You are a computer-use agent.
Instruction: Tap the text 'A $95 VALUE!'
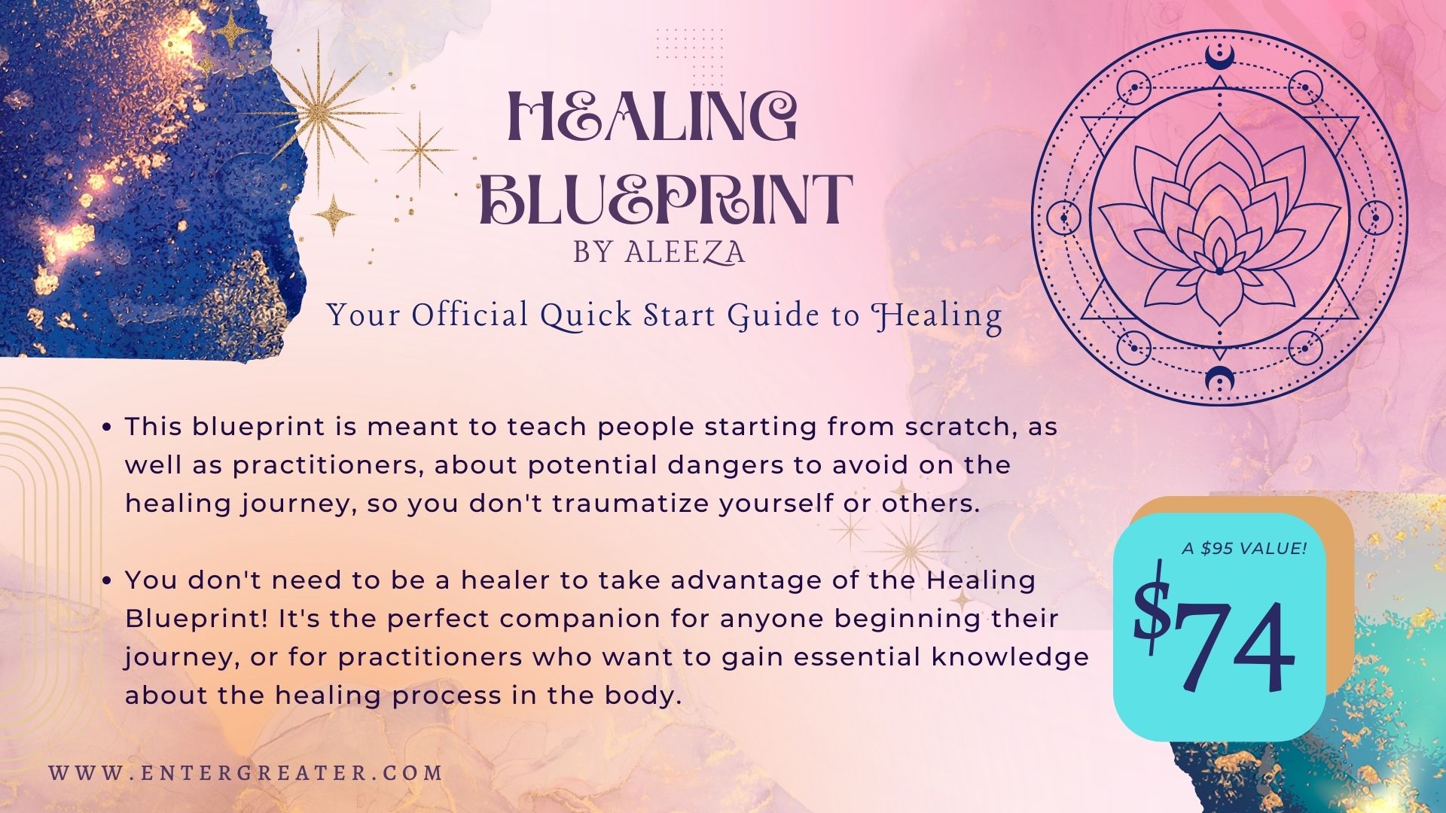1244,548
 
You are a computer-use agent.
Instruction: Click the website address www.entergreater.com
246,772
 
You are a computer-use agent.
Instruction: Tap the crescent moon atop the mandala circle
1218,54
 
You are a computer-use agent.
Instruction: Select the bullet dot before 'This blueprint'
107,427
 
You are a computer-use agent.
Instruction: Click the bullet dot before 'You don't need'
107,580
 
